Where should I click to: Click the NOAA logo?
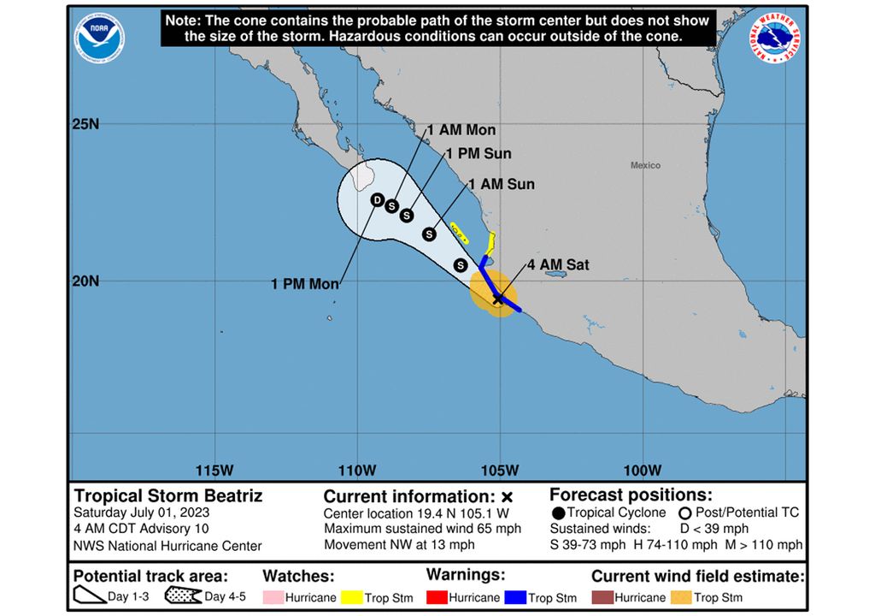click(99, 38)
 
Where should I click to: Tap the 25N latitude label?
click(85, 124)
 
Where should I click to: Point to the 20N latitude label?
click(85, 281)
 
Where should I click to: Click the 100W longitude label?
click(643, 470)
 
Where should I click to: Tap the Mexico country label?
click(645, 165)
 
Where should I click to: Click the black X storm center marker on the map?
click(498, 299)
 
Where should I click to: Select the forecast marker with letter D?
click(376, 199)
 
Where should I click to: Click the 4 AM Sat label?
click(558, 266)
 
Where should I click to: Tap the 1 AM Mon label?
click(461, 130)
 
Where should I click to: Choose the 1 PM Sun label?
click(479, 154)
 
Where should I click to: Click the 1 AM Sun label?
click(501, 184)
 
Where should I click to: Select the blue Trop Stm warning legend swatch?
click(516, 597)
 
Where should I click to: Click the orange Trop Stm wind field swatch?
click(681, 597)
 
